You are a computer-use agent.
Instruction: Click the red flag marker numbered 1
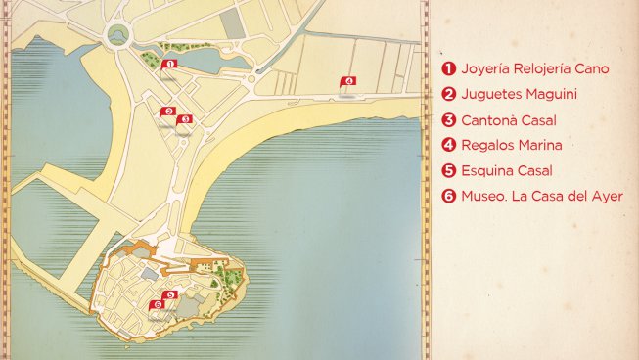[169, 64]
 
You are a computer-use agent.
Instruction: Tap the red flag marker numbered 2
[168, 112]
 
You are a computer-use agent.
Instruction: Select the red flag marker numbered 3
[185, 119]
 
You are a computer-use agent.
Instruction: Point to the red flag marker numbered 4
[347, 81]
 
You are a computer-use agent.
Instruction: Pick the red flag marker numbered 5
[168, 293]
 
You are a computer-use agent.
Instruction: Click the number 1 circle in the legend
[449, 69]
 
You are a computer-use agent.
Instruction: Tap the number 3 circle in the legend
[449, 120]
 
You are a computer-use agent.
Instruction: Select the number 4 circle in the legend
[449, 146]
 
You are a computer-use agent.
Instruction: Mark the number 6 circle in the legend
[449, 197]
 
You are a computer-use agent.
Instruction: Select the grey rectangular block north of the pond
[232, 23]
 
